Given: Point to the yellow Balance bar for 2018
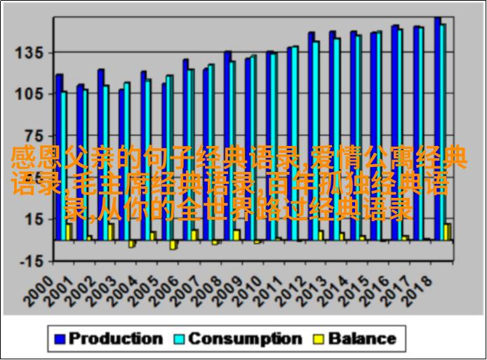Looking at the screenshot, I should click(x=448, y=232).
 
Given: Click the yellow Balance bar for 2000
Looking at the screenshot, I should click(x=69, y=232).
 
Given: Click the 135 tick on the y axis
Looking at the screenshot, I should click(x=31, y=52).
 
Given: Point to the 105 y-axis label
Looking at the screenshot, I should click(x=31, y=93).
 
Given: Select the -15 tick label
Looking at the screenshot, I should click(x=31, y=260).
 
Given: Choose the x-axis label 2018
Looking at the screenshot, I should click(x=422, y=288).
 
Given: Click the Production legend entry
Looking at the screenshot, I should click(x=115, y=339).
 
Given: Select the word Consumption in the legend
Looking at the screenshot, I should click(x=245, y=339).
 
